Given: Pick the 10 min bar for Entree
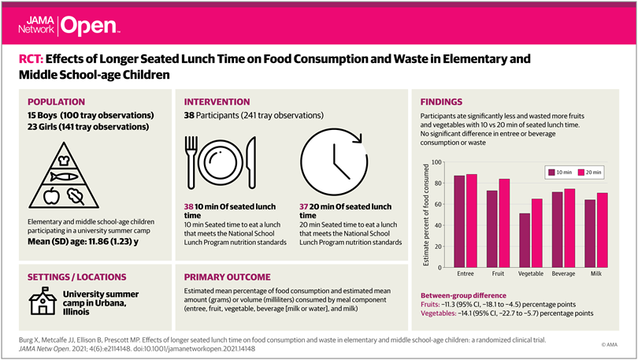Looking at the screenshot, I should (x=459, y=220).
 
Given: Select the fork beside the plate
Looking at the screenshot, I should (x=194, y=161).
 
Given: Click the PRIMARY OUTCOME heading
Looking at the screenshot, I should (x=228, y=277).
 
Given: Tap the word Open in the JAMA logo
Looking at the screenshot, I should (x=87, y=26).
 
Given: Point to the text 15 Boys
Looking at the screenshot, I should (x=46, y=116).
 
